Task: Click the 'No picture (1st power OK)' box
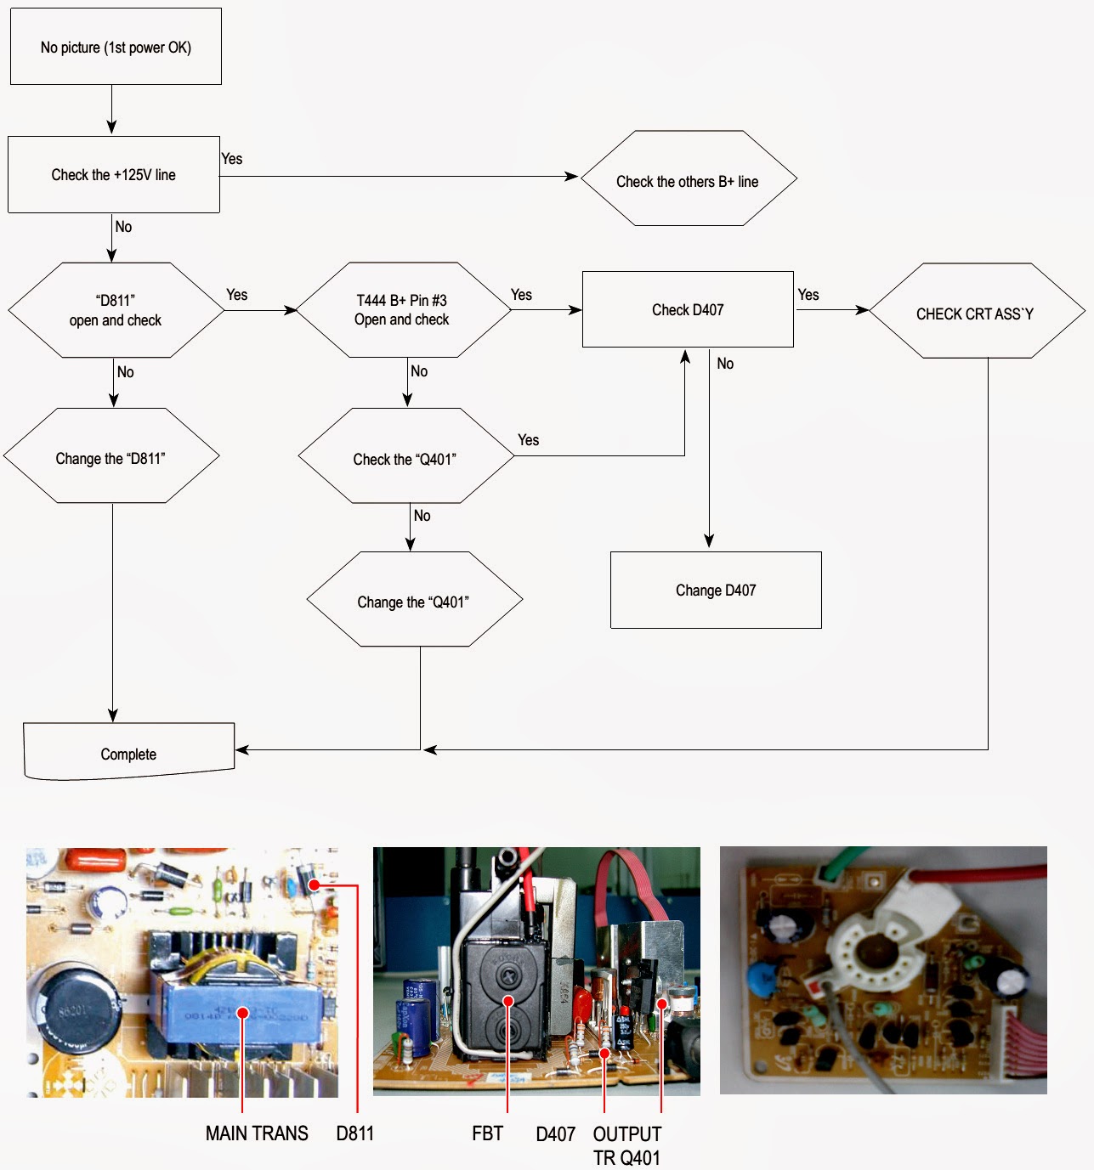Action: click(116, 47)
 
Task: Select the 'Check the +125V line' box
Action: click(114, 174)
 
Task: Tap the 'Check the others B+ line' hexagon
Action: click(688, 179)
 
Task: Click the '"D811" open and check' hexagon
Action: click(116, 310)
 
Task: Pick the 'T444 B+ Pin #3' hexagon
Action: click(402, 310)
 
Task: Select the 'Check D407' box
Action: click(688, 309)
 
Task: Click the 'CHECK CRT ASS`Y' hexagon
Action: click(976, 312)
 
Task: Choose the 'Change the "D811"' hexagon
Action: click(111, 457)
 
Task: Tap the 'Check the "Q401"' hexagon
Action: click(405, 457)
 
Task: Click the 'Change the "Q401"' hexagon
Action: click(414, 601)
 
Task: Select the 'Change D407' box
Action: click(716, 590)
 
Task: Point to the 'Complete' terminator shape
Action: click(128, 752)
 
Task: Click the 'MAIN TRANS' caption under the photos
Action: click(257, 1133)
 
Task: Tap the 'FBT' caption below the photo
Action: click(487, 1133)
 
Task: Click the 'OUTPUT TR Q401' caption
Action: click(627, 1145)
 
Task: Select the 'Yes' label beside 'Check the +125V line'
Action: click(231, 159)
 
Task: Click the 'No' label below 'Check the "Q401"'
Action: click(422, 516)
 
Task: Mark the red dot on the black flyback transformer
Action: click(507, 1001)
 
